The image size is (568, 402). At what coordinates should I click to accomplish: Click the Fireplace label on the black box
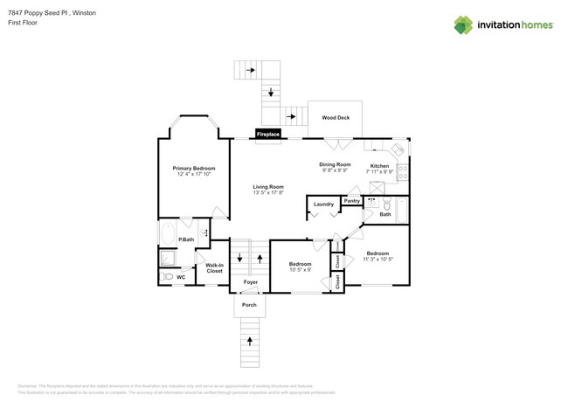267,135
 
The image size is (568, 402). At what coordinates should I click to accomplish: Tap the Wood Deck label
336,117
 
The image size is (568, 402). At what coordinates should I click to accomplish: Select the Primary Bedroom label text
194,168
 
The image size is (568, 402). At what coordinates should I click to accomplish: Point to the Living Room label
268,187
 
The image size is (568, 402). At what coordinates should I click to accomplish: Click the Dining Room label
335,164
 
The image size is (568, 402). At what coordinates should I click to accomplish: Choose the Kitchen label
379,165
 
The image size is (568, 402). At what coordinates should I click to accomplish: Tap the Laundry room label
323,204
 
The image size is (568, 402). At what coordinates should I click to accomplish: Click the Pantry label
351,201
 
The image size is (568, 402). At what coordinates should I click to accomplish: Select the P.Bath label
186,239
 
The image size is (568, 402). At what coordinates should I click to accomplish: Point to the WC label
181,277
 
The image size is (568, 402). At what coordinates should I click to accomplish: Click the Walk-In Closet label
214,267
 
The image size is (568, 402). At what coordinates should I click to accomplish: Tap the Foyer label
251,282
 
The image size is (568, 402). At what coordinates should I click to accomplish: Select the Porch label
249,305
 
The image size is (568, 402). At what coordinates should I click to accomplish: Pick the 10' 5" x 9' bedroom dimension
301,270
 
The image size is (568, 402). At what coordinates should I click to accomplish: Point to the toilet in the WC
164,277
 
